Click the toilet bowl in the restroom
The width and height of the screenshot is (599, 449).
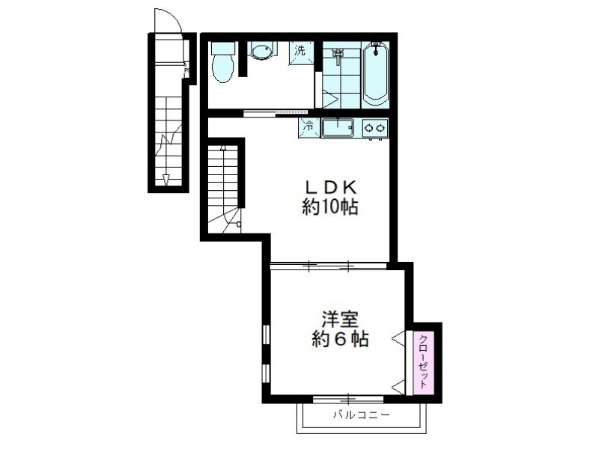[x=222, y=68]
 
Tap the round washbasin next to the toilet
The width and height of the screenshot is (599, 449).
[x=261, y=52]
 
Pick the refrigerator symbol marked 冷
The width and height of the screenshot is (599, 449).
[x=308, y=127]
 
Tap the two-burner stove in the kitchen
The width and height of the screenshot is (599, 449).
[x=375, y=128]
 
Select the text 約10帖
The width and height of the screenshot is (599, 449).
[x=329, y=207]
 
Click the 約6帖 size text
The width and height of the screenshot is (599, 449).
[x=339, y=340]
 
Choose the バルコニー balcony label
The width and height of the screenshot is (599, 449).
[x=361, y=414]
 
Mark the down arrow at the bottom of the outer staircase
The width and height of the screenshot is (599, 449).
[x=166, y=179]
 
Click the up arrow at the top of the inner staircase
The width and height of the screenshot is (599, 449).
[x=222, y=148]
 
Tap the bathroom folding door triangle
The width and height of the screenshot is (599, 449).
[x=329, y=98]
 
